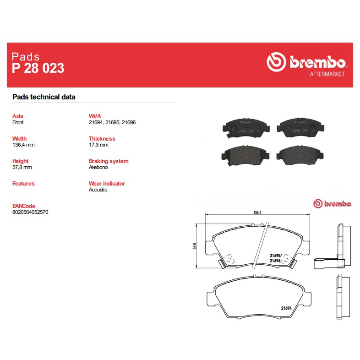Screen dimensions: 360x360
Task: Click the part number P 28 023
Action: pyautogui.click(x=38, y=68)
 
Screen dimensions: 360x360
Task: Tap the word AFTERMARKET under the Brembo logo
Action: pyautogui.click(x=327, y=74)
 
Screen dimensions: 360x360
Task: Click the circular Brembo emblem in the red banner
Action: pyautogui.click(x=277, y=62)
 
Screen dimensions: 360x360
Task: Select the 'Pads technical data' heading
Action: pyautogui.click(x=44, y=97)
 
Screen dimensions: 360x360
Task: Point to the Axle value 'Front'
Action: pyautogui.click(x=18, y=122)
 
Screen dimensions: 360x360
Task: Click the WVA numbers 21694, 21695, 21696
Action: pyautogui.click(x=112, y=122)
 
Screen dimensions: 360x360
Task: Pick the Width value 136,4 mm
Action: pyautogui.click(x=23, y=145)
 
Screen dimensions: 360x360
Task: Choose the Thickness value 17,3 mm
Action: pyautogui.click(x=98, y=145)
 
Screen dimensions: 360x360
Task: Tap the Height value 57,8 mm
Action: pyautogui.click(x=22, y=167)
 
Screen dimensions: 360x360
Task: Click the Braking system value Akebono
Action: pyautogui.click(x=98, y=167)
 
